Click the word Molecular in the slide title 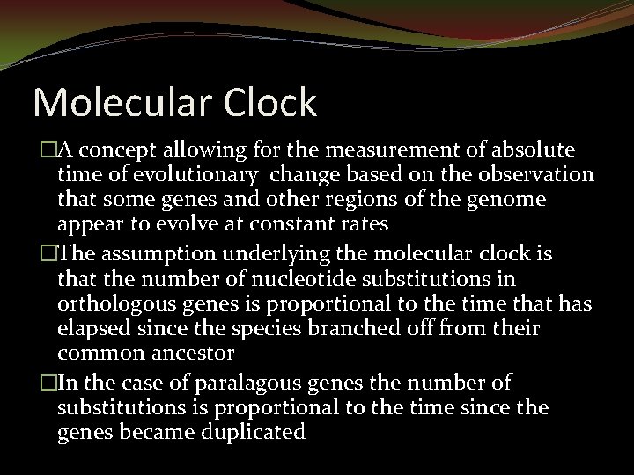(113, 103)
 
